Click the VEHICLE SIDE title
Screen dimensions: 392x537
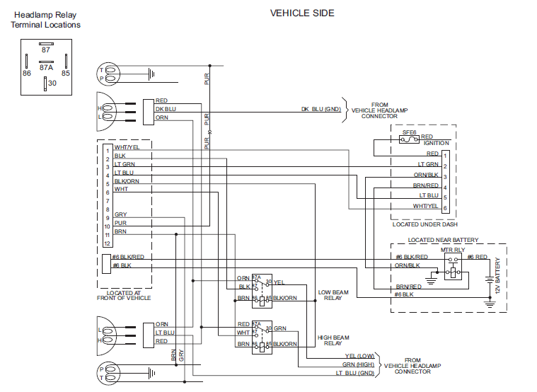coord(302,13)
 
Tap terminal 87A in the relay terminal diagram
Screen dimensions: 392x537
coord(46,67)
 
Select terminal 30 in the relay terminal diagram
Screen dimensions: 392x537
coord(52,83)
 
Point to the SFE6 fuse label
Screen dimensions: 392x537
coord(409,132)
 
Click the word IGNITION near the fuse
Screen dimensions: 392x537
coord(436,143)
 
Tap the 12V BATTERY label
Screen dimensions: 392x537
coord(497,276)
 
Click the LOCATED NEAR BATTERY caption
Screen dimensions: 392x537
coord(443,240)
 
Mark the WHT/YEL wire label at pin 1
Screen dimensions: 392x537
coord(127,147)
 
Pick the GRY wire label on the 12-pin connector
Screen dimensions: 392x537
coord(120,214)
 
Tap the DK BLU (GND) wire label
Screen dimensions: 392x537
coord(321,109)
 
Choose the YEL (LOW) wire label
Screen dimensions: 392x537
coord(359,356)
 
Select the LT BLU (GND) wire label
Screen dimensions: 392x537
coord(355,372)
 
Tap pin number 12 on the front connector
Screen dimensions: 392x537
coord(108,243)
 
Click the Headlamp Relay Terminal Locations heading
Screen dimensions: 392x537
coord(45,19)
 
